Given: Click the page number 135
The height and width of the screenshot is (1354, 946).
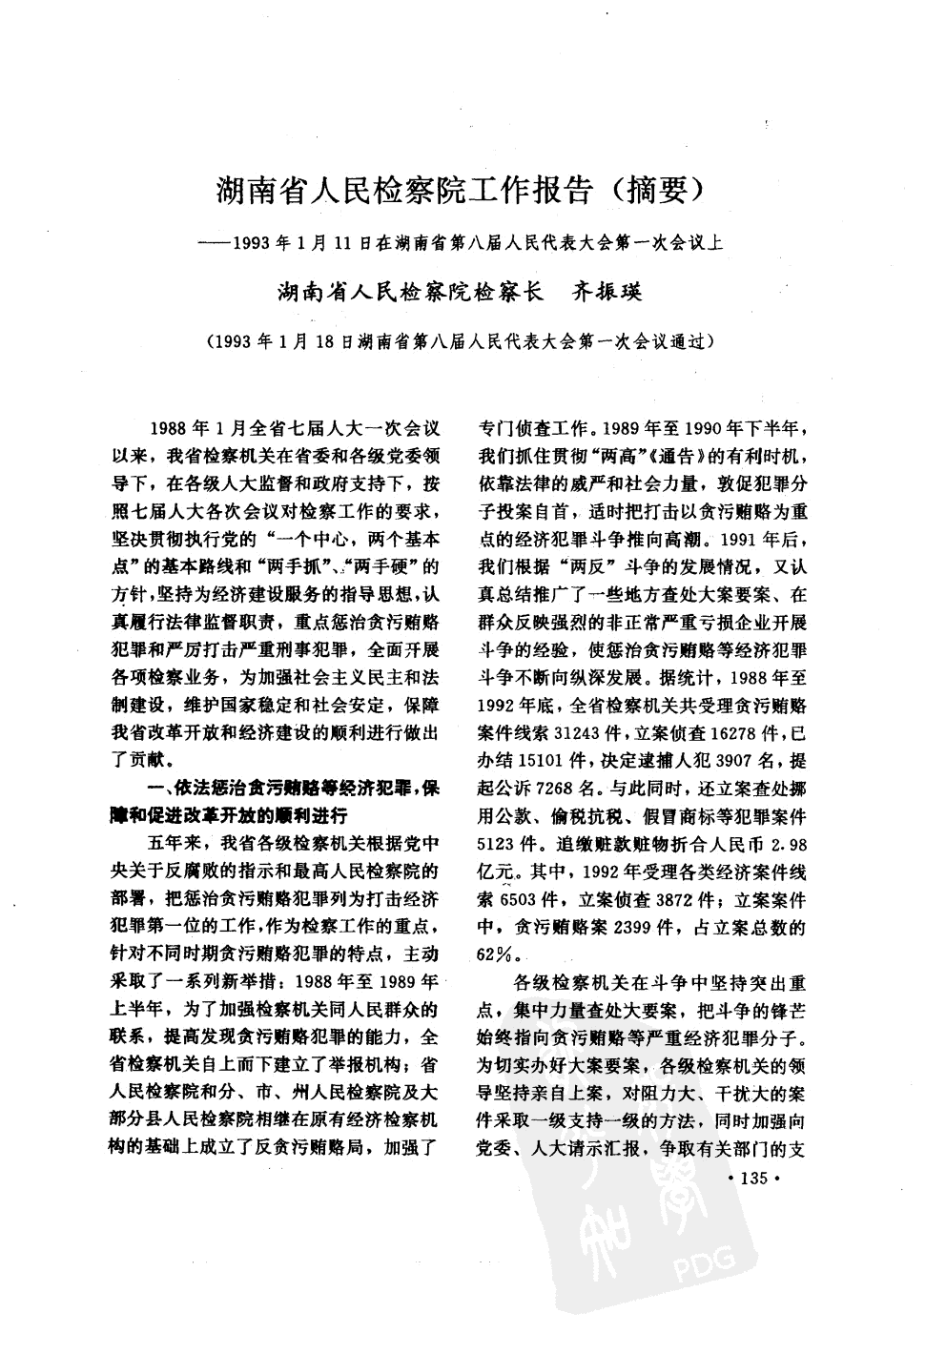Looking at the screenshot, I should (752, 1179).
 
